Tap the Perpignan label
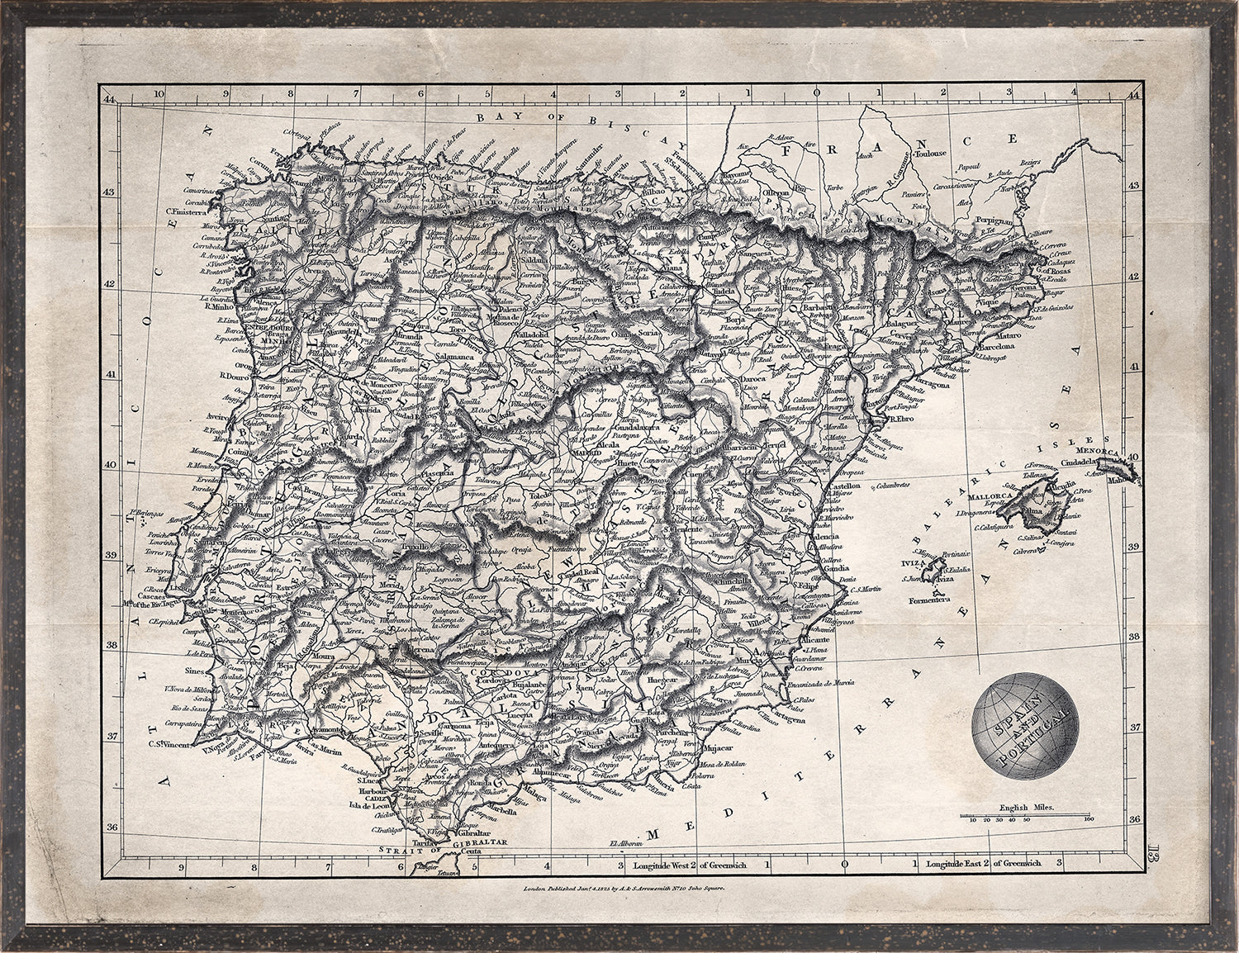point(992,222)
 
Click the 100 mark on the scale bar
point(1089,820)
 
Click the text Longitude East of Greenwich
point(983,864)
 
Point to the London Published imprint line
point(623,890)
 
